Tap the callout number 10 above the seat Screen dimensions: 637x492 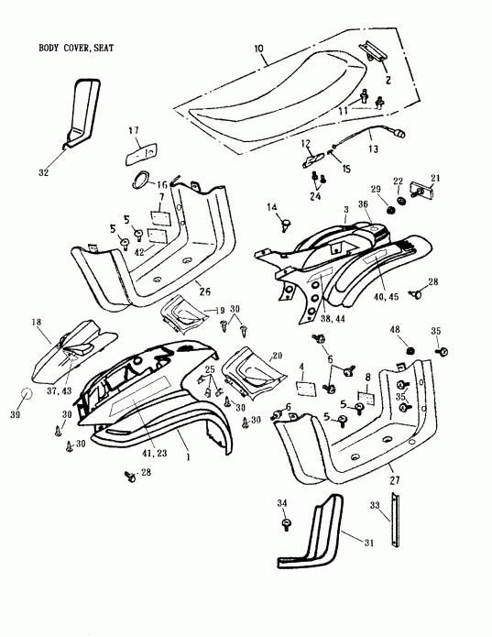pyautogui.click(x=257, y=47)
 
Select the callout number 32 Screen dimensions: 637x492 pyautogui.click(x=43, y=170)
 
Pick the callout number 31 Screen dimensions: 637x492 pyautogui.click(x=369, y=543)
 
